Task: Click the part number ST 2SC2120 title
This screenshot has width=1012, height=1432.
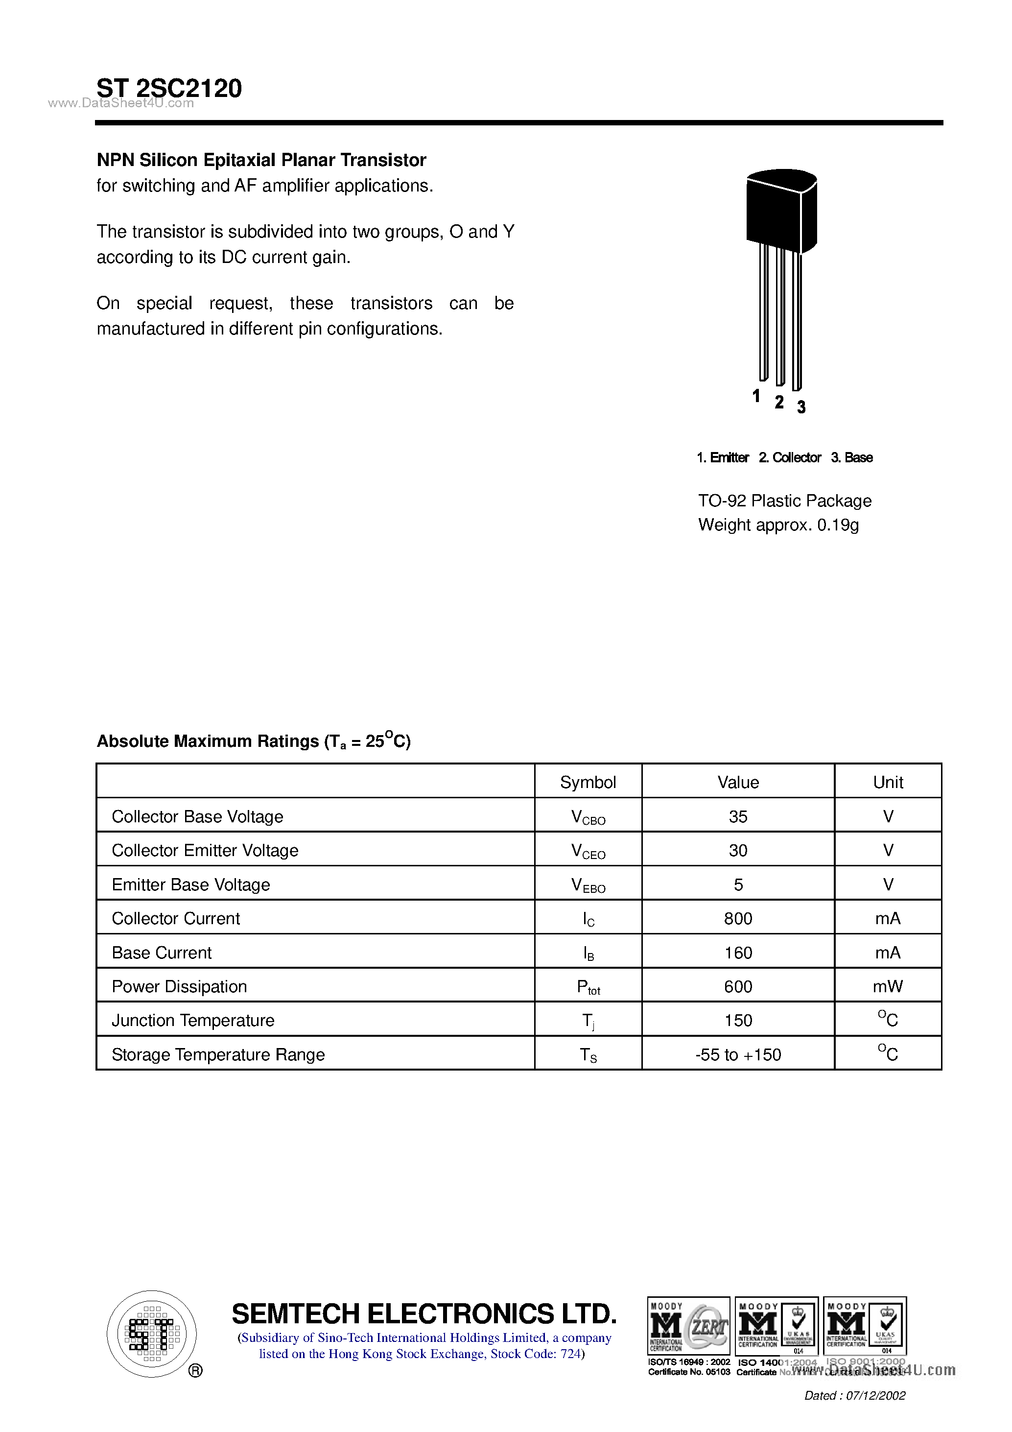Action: point(169,88)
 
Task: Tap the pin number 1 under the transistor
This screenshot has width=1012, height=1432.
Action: point(756,396)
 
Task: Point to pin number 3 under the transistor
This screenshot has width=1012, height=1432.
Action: point(801,407)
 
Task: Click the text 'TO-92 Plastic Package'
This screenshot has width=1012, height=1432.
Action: point(784,501)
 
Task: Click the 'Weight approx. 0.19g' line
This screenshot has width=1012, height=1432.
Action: point(778,525)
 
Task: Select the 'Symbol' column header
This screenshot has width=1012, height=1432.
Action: point(588,782)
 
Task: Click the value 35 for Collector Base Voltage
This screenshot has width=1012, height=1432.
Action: point(738,816)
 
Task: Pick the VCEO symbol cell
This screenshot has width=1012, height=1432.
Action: point(588,851)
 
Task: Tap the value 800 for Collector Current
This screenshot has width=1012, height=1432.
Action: point(738,919)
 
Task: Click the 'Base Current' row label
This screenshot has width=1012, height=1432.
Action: point(162,953)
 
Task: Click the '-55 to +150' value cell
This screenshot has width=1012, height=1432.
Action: point(738,1055)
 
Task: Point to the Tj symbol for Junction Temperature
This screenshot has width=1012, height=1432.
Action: point(588,1021)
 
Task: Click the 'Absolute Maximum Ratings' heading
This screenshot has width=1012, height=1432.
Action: point(253,741)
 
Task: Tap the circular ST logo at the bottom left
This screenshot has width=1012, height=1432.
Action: point(151,1334)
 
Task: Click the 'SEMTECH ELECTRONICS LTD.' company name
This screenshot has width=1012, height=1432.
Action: point(424,1313)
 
